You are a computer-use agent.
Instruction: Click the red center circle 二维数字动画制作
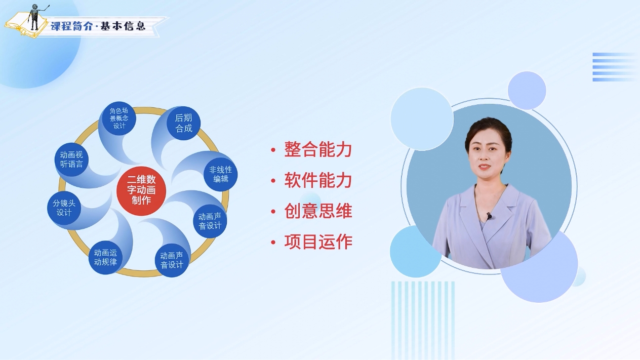141,190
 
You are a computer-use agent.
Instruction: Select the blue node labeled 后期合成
183,123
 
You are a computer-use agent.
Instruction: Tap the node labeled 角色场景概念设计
119,118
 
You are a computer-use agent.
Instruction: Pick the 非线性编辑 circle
221,174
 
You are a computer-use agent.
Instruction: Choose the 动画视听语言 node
71,159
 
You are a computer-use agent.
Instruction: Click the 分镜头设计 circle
64,208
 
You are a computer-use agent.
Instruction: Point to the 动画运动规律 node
105,257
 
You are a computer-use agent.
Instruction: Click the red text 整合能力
318,149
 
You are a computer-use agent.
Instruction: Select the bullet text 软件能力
318,180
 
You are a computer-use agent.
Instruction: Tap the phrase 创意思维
318,211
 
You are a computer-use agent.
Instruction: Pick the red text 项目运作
318,242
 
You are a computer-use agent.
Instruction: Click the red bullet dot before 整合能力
273,150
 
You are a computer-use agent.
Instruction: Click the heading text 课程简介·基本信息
98,26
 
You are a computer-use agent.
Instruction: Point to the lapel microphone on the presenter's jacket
489,216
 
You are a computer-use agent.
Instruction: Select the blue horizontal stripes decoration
616,67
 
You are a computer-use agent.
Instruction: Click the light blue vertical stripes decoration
423,320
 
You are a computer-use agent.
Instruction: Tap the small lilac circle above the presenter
527,91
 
